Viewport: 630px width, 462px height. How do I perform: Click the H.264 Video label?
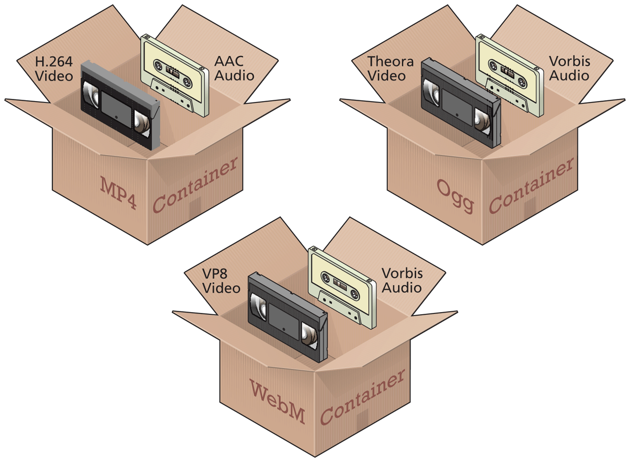click(54, 69)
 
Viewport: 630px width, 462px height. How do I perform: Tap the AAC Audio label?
click(234, 69)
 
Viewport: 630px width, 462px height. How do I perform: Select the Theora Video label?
click(390, 69)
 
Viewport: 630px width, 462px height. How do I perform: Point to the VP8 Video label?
click(221, 281)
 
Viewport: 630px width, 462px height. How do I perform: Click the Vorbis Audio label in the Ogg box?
click(569, 69)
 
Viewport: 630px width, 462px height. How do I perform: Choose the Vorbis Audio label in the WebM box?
click(402, 281)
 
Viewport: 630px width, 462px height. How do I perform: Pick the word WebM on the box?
click(278, 402)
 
